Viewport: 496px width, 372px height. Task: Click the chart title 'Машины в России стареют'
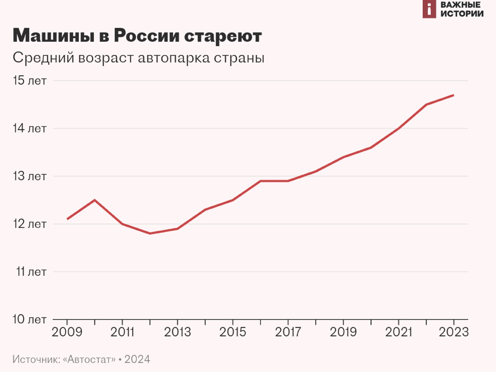click(137, 36)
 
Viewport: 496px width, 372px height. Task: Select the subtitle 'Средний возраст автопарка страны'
click(138, 58)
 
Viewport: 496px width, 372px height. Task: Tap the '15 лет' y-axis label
click(29, 81)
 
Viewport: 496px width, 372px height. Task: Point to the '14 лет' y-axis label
click(29, 128)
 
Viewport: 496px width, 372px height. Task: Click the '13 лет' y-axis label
click(29, 176)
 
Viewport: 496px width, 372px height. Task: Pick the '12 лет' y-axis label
click(29, 224)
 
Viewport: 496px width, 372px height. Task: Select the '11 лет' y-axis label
click(31, 272)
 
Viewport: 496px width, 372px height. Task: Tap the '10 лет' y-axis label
click(29, 319)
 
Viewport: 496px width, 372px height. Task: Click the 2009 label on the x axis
click(67, 332)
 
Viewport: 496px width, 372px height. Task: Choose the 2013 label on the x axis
click(177, 332)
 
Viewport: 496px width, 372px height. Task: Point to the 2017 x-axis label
click(288, 332)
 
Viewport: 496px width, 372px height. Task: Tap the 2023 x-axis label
click(453, 332)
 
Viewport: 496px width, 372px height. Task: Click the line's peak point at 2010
click(95, 200)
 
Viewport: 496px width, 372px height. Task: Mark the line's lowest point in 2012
click(150, 234)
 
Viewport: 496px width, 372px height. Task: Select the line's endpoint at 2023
click(453, 95)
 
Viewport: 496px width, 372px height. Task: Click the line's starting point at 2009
click(67, 219)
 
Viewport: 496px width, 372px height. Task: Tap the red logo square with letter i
click(429, 9)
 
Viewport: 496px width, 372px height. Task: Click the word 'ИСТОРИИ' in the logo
click(462, 14)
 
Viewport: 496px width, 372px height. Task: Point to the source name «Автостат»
click(91, 359)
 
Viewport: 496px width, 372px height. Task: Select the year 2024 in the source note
click(137, 359)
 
